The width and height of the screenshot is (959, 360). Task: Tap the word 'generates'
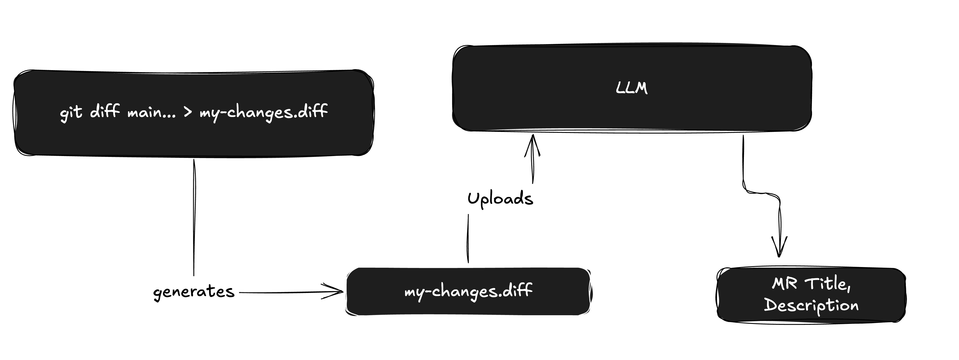[194, 292]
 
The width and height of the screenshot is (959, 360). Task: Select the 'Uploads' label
[500, 199]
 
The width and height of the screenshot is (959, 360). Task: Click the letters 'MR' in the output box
[784, 284]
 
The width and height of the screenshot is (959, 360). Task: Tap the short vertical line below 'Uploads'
[468, 238]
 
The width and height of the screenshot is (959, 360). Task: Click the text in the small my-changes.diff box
[468, 291]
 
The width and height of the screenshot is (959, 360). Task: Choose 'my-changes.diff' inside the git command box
[263, 112]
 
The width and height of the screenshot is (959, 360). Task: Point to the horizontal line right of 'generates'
[283, 293]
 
